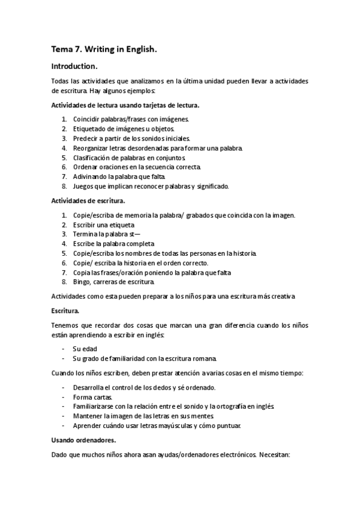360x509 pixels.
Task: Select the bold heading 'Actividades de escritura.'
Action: click(88, 200)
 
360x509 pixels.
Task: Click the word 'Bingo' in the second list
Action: click(82, 282)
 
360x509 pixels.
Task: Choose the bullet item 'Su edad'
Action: click(85, 348)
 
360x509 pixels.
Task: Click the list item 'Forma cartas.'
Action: click(91, 397)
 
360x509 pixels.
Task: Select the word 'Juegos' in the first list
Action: click(84, 186)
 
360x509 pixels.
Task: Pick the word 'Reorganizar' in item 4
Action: click(92, 148)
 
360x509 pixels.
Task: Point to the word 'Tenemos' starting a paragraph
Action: click(66, 325)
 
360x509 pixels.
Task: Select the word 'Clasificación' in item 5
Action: click(92, 157)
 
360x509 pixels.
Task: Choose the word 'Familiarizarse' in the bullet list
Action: click(94, 406)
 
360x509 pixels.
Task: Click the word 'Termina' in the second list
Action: click(85, 233)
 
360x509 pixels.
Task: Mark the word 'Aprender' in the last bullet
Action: click(88, 426)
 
